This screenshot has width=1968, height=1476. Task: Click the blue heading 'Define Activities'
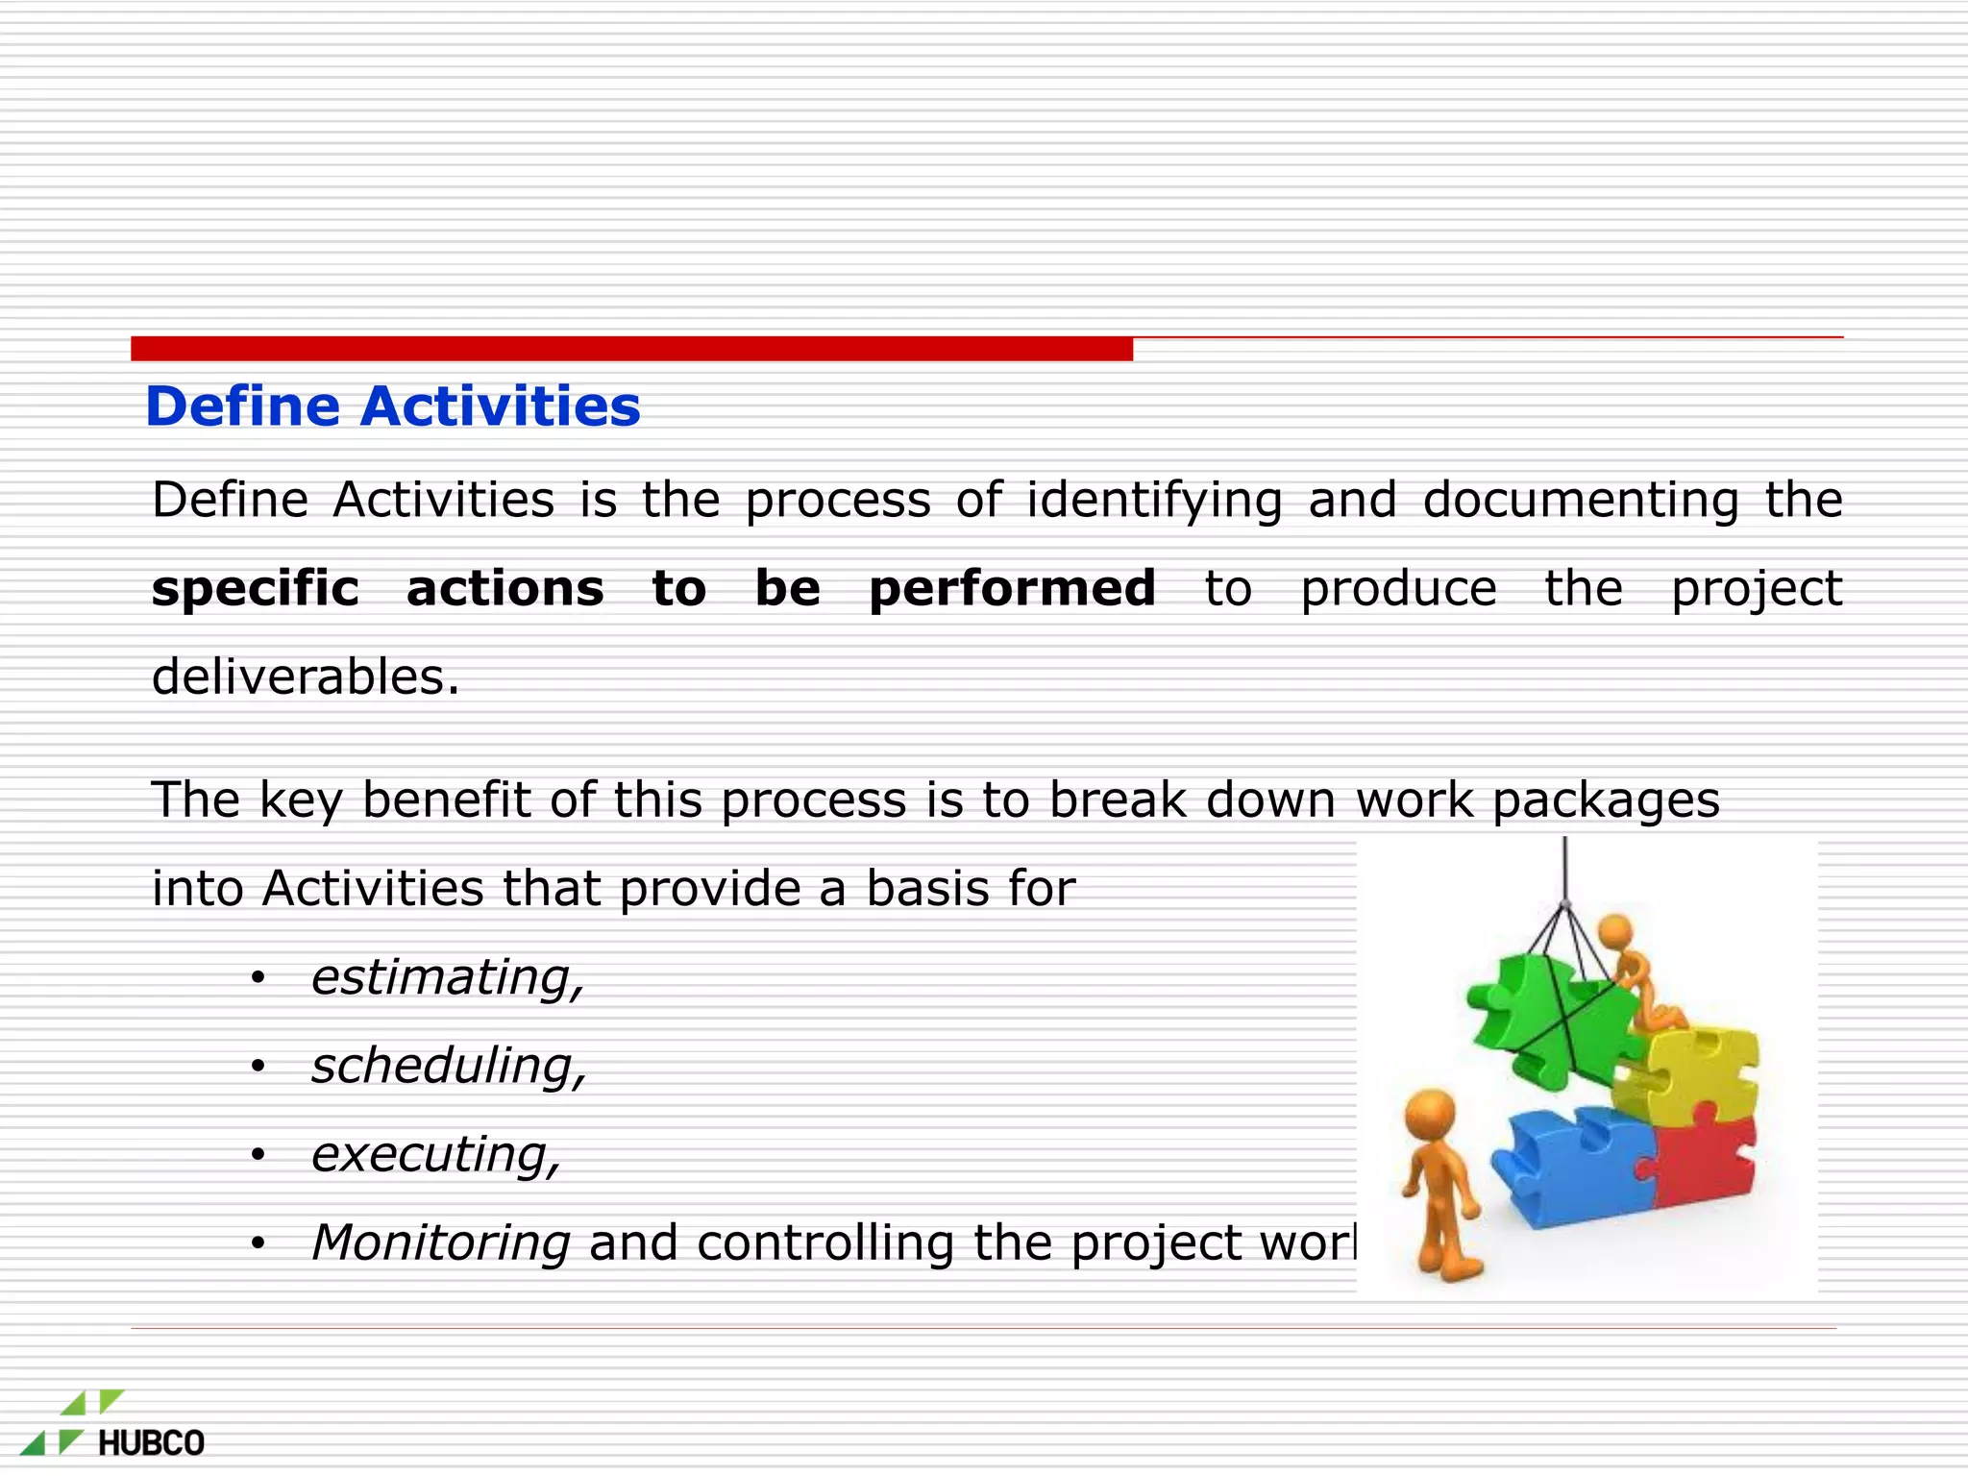coord(392,406)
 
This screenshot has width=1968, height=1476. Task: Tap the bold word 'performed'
coord(1012,588)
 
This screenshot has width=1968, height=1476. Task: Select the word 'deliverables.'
coord(306,676)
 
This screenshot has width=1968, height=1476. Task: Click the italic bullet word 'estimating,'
coord(447,977)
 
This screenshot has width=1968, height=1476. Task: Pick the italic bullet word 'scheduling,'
coord(449,1066)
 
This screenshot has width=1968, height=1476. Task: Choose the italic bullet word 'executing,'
coord(435,1154)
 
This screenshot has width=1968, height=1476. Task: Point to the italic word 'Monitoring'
coord(441,1242)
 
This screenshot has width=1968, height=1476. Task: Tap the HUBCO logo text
coord(151,1442)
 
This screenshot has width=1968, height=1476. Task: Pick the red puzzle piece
coord(1706,1163)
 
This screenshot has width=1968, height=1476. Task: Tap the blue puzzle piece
coord(1576,1168)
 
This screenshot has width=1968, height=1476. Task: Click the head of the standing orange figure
coord(1431,1115)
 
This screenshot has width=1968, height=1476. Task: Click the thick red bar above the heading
coord(631,349)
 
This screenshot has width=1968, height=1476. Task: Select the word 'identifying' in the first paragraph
coord(1154,500)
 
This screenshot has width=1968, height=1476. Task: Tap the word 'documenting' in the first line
coord(1581,500)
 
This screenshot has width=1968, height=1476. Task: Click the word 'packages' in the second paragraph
coord(1606,799)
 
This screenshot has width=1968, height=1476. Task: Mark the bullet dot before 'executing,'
coord(257,1155)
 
